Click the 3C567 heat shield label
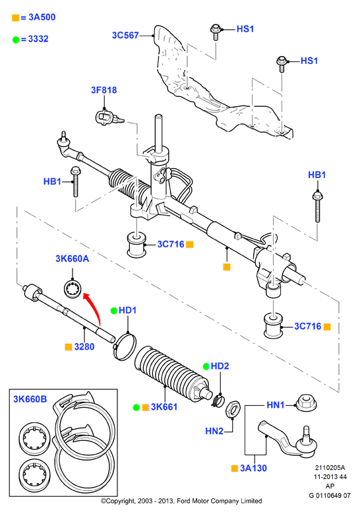[x=125, y=35]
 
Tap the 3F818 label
[x=104, y=90]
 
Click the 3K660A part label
[x=72, y=259]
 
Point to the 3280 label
[x=84, y=346]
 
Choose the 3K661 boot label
[x=164, y=407]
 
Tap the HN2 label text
[x=214, y=431]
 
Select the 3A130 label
[x=253, y=468]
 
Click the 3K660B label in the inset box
[x=30, y=399]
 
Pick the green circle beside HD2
[x=206, y=366]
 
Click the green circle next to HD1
[x=113, y=311]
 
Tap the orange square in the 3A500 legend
[x=15, y=18]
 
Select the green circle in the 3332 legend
[x=16, y=40]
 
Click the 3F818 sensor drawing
[x=108, y=118]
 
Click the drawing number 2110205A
[x=330, y=468]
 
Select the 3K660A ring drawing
[x=72, y=289]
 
